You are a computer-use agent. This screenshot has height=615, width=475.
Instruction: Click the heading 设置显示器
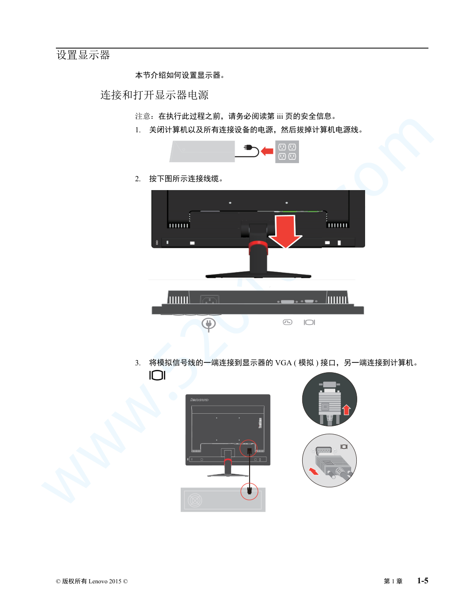pos(83,55)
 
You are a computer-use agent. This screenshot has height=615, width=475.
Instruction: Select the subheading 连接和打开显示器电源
pos(155,95)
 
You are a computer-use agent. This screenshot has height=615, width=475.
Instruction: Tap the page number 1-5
pos(422,581)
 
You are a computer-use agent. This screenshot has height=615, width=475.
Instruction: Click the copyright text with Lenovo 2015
pos(92,581)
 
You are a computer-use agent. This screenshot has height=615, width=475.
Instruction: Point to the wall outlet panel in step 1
pos(287,152)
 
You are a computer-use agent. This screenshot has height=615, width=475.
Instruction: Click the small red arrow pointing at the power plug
pos(267,151)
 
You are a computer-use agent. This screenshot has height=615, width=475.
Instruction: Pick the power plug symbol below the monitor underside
pos(209,324)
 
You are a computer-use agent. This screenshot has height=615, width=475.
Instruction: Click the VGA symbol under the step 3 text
pos(157,375)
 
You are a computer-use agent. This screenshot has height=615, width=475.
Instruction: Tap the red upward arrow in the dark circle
pos(346,410)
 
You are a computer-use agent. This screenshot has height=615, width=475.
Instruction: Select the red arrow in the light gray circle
pos(313,471)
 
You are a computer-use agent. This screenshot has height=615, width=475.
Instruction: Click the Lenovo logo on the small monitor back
pos(199,400)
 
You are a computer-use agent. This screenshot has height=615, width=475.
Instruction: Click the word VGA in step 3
pos(283,362)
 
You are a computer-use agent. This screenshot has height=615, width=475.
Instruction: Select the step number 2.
pos(138,179)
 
